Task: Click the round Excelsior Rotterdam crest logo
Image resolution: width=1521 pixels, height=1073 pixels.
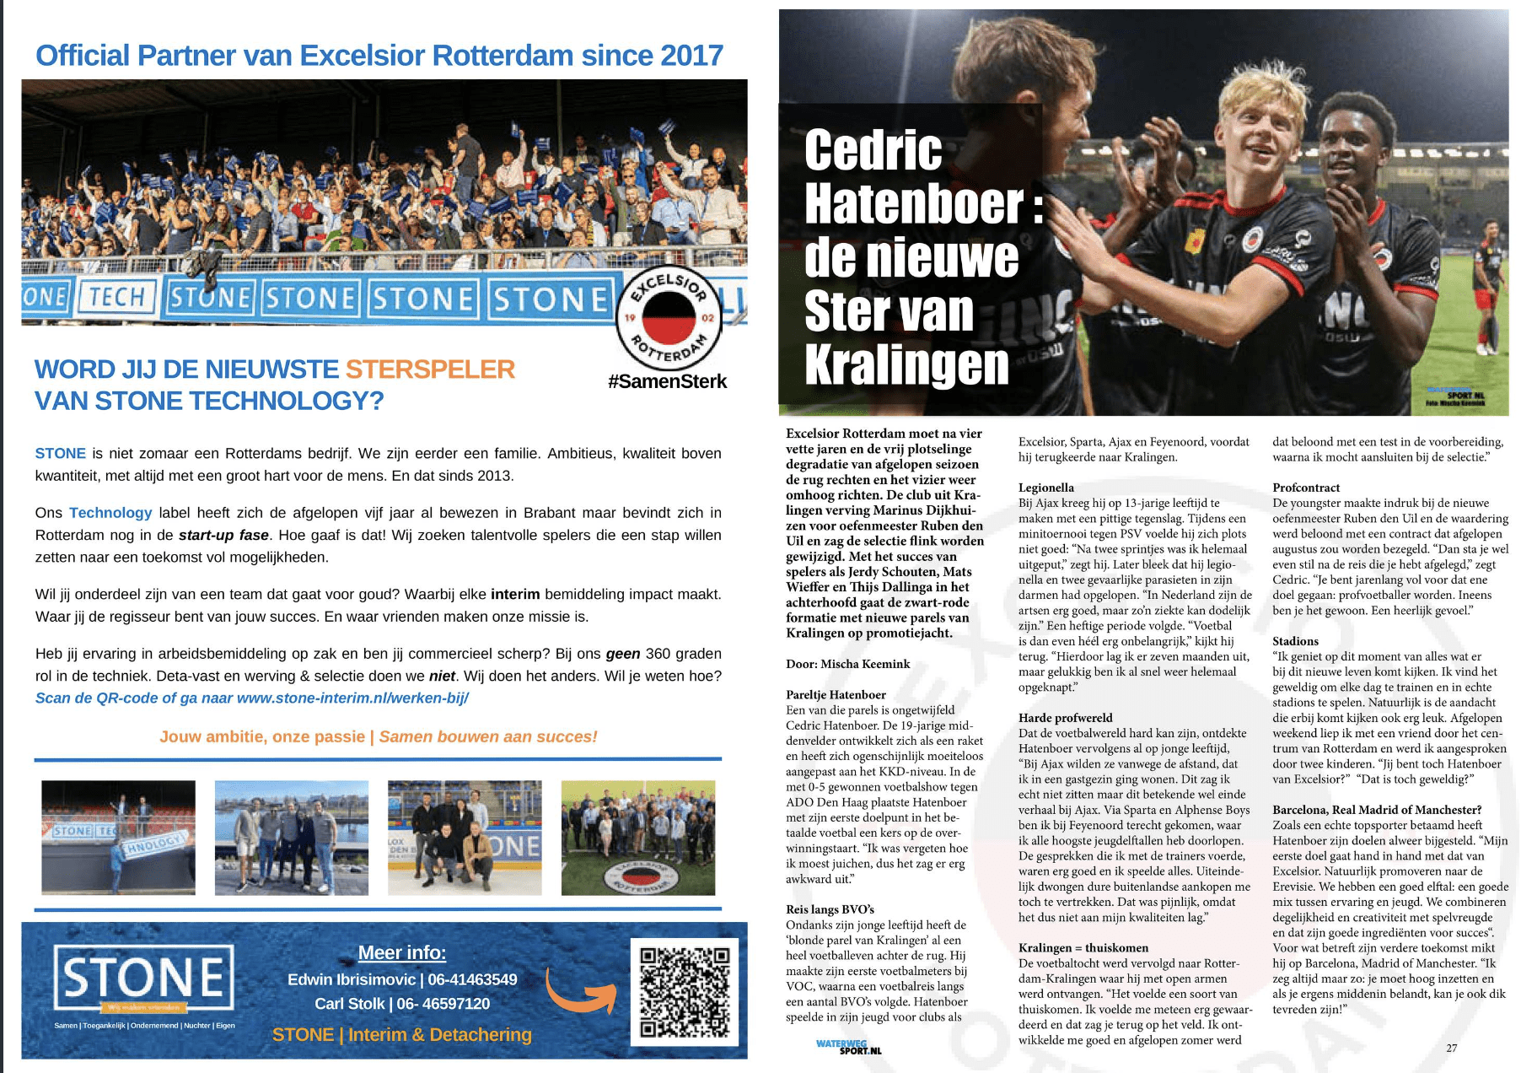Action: point(669,317)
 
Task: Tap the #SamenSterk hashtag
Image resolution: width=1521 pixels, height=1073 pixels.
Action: point(667,381)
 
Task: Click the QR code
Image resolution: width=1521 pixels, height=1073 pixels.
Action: point(684,991)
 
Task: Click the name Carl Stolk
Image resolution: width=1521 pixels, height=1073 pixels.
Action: point(349,1004)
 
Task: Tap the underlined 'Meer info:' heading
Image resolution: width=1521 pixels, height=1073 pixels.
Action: point(402,952)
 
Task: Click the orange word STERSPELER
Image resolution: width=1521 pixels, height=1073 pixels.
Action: point(430,369)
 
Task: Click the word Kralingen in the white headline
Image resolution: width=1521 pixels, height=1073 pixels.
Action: point(906,364)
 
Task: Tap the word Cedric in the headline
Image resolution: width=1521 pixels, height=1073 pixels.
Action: point(873,150)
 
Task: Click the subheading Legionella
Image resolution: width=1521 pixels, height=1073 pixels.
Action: point(1046,488)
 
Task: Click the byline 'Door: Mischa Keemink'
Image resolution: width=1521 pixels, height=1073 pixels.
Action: point(847,664)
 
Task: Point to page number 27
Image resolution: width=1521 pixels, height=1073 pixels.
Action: point(1451,1048)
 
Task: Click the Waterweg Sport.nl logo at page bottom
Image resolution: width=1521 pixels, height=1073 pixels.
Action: point(849,1047)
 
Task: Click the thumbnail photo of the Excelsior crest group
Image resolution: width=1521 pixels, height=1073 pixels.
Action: point(637,838)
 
